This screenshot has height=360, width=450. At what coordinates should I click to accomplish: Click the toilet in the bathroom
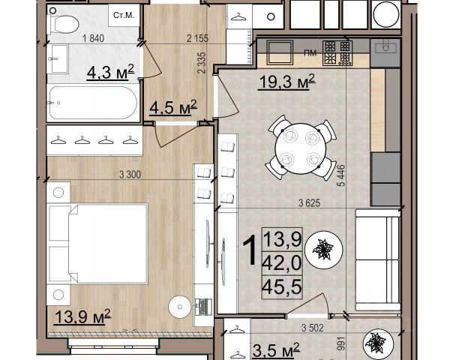click(62, 24)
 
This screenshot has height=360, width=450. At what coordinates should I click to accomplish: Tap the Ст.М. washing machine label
click(124, 15)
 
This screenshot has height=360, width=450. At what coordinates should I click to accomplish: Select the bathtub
click(93, 103)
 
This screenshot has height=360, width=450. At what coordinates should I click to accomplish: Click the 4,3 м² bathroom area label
click(110, 72)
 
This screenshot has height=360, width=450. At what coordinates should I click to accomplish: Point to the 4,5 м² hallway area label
click(173, 107)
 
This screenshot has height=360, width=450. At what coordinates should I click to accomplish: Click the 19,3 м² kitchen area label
click(287, 82)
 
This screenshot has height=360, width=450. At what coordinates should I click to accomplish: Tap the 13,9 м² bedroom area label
click(82, 316)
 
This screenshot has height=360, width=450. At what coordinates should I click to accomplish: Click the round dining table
click(301, 148)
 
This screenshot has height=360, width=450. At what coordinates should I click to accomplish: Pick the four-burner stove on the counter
click(337, 52)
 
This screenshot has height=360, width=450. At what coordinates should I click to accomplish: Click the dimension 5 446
click(342, 175)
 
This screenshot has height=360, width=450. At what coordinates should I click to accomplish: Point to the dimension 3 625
click(309, 203)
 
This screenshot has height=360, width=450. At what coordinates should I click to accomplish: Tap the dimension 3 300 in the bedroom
click(130, 174)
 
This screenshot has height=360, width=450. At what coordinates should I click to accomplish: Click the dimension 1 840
click(93, 38)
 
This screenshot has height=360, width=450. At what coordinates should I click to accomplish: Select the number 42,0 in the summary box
click(282, 262)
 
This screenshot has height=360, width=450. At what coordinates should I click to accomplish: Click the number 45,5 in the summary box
click(282, 286)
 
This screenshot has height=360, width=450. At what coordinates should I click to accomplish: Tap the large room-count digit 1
click(250, 250)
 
